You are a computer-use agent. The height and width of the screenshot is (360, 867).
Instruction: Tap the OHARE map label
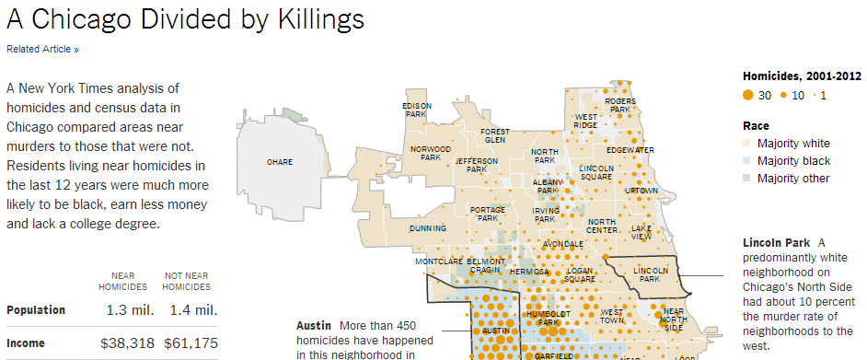(x=280, y=162)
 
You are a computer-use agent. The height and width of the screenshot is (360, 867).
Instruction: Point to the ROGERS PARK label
(x=620, y=105)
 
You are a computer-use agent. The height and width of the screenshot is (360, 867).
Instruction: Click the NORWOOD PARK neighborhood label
(x=431, y=153)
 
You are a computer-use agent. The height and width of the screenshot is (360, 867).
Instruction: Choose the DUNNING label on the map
(x=428, y=227)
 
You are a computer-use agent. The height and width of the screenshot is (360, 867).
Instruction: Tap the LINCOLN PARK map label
(x=649, y=273)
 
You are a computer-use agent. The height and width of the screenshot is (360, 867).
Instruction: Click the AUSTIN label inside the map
(x=495, y=330)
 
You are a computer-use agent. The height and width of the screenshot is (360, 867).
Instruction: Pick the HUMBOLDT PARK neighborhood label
(x=527, y=319)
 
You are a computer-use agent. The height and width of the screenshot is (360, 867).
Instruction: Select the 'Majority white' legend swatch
(x=748, y=144)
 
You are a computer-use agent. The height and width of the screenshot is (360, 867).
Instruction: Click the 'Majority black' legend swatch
(x=748, y=161)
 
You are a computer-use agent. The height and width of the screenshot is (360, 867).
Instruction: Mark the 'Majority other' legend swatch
(x=748, y=179)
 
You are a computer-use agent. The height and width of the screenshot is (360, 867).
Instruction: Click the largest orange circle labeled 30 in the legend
(x=749, y=95)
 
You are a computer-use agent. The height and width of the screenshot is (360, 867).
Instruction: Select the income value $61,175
(x=190, y=343)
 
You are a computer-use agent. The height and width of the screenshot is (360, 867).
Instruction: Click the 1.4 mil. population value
(x=193, y=310)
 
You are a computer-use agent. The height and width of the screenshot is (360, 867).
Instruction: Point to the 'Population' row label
(x=36, y=310)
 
